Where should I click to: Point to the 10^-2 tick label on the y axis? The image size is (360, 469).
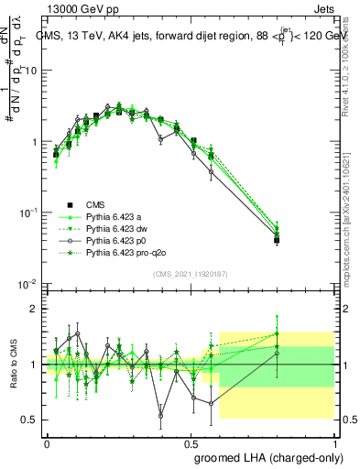[29, 284]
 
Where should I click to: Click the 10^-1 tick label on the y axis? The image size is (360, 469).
[29, 213]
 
